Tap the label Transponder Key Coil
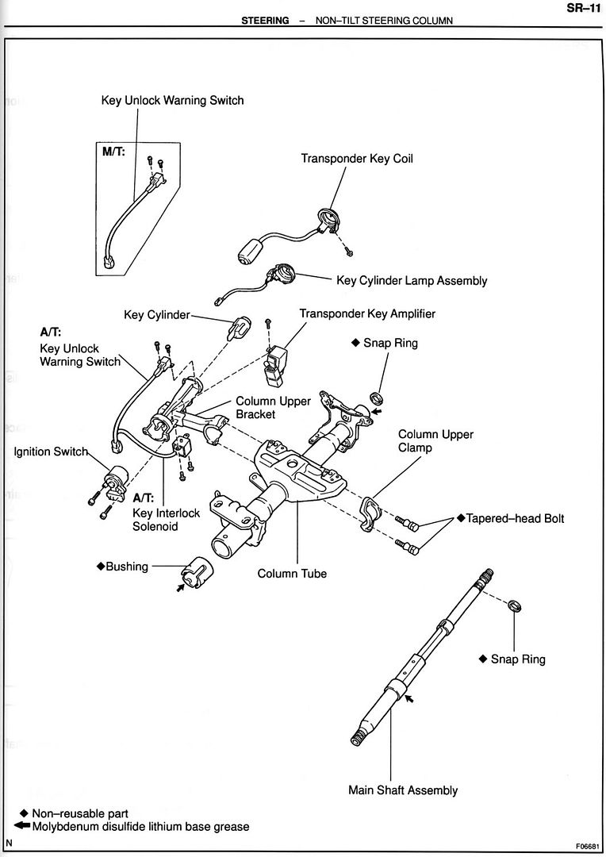pyautogui.click(x=356, y=159)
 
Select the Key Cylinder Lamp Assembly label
pyautogui.click(x=412, y=281)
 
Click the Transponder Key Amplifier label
pyautogui.click(x=367, y=314)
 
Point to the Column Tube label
pyautogui.click(x=293, y=573)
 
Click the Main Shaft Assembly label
pyautogui.click(x=403, y=790)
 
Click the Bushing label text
pyautogui.click(x=126, y=567)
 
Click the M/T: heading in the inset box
pyautogui.click(x=113, y=152)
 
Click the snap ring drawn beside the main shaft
pyautogui.click(x=514, y=607)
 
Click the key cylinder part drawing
pyautogui.click(x=239, y=326)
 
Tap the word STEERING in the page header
pyautogui.click(x=265, y=21)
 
